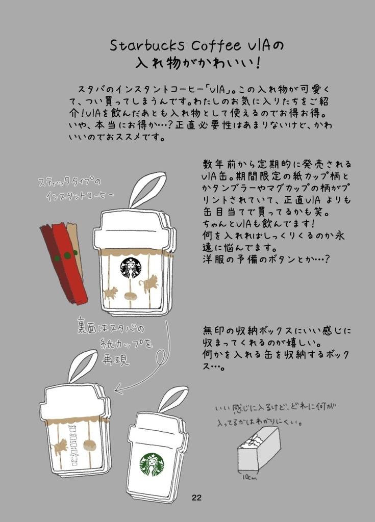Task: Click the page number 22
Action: point(197,498)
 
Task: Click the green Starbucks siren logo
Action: point(152,464)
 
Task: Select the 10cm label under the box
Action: point(249,477)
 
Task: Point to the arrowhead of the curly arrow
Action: point(119,390)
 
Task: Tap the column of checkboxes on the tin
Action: point(73,445)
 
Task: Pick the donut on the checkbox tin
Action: point(90,446)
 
